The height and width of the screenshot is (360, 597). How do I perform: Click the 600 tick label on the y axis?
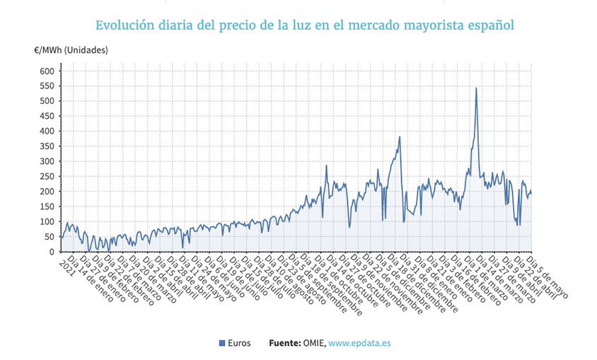pos(46,71)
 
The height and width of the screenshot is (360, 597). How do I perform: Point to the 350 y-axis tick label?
pos(46,146)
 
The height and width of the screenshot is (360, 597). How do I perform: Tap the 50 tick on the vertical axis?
pos(49,237)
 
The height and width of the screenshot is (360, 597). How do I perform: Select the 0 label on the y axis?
pos(51,252)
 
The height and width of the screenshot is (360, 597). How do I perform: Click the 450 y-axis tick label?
pos(46,116)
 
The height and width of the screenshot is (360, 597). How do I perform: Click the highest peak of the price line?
pos(476,88)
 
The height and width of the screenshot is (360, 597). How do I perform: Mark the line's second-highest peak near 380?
pos(400,137)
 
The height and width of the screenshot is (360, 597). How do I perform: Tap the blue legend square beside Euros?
pos(223,343)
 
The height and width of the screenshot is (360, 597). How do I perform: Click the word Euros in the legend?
pos(240,343)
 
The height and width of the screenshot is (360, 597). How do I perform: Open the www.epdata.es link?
pos(359,343)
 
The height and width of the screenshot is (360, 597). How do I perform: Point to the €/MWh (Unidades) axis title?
pos(71,50)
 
